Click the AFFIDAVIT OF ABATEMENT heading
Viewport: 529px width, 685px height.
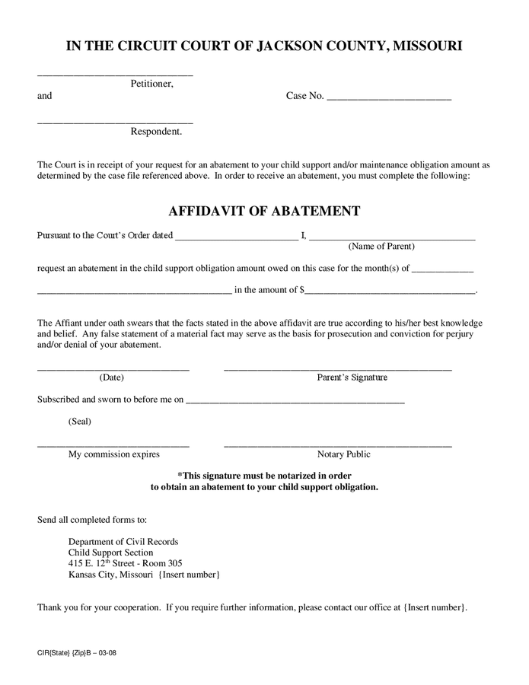264,211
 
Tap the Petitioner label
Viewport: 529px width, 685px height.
151,84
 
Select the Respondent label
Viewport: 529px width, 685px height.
156,132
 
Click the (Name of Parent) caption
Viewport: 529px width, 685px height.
381,247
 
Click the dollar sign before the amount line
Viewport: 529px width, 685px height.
302,290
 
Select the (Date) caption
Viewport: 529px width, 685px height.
111,378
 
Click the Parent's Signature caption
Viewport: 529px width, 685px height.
352,378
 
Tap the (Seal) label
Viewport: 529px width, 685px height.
80,421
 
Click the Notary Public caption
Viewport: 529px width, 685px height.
344,454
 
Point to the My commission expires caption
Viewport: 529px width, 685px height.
114,454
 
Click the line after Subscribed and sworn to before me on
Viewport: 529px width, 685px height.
295,401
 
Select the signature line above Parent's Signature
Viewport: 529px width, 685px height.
337,369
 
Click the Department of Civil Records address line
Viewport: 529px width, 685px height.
123,542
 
